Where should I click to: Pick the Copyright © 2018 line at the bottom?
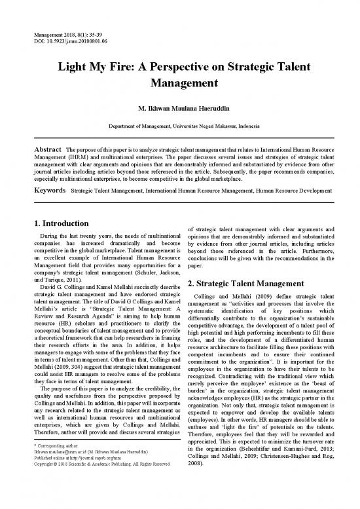pos(98,502)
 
